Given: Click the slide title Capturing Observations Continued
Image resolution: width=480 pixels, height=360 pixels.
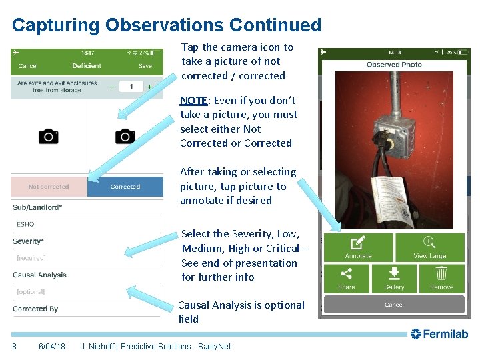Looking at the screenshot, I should click(167, 25).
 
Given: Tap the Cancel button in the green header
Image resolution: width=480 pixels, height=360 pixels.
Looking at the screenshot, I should click(28, 66).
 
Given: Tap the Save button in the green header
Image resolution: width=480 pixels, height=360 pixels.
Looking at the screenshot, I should click(145, 66).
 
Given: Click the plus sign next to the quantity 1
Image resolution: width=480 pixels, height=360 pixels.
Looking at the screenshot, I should click(149, 87).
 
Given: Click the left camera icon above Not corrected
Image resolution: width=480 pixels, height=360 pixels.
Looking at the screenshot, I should click(48, 137).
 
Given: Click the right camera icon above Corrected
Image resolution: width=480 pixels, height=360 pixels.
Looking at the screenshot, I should click(125, 137).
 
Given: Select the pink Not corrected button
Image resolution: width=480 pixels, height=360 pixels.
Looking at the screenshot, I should click(49, 187).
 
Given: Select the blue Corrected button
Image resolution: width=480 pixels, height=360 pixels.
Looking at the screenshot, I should click(125, 187).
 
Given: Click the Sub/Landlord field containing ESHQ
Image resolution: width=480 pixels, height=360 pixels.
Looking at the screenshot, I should click(87, 224).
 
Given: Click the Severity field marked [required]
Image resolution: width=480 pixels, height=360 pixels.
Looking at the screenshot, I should click(87, 257).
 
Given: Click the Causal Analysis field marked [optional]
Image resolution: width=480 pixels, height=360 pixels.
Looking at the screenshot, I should click(87, 291).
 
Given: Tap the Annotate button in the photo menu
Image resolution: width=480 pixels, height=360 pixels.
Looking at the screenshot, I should click(358, 247).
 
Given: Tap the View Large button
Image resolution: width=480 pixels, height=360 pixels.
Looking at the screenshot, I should click(429, 247).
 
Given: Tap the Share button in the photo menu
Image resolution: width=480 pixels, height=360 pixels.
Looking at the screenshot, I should click(347, 279).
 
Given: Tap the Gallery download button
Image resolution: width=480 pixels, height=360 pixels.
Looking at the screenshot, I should click(394, 279).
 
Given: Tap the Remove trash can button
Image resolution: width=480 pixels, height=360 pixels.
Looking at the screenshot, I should click(441, 279).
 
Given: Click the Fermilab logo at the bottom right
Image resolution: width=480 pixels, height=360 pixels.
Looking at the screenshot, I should click(439, 334).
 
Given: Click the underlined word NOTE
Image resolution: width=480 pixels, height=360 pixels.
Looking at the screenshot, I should click(193, 101).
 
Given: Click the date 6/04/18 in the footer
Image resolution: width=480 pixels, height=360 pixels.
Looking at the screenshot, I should click(51, 346).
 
